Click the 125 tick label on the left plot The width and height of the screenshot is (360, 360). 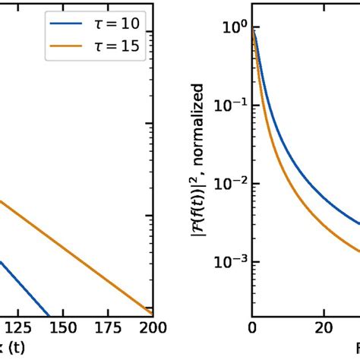click(x=17, y=327)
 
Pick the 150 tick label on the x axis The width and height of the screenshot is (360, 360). click(x=65, y=327)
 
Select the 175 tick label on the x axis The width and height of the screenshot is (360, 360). click(x=109, y=327)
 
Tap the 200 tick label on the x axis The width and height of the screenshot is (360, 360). click(x=153, y=327)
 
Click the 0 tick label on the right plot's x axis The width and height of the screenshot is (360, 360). click(x=252, y=327)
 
